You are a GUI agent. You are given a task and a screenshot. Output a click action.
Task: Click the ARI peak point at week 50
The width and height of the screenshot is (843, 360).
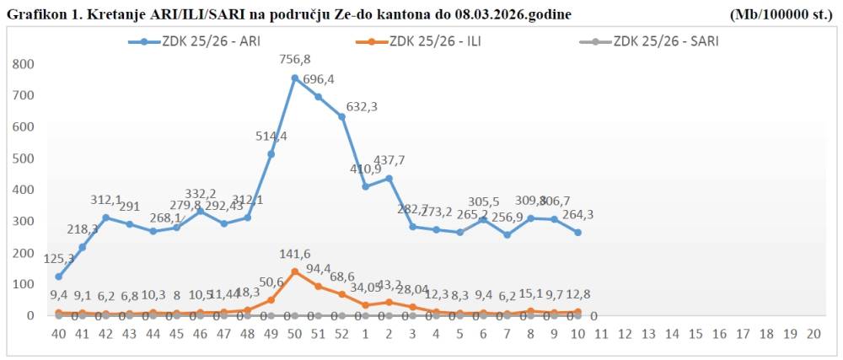295,78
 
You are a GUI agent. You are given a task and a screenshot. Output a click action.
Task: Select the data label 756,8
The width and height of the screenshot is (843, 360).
295,61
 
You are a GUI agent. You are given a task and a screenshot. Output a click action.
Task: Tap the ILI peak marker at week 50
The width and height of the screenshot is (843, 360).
295,271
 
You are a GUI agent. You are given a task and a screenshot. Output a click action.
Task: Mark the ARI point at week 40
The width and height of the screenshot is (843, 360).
58,277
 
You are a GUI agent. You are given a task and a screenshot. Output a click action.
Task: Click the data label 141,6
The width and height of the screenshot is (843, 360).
295,255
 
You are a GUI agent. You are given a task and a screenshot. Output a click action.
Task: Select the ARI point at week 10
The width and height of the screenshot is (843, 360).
577,233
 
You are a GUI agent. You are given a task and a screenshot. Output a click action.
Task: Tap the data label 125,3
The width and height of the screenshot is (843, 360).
59,259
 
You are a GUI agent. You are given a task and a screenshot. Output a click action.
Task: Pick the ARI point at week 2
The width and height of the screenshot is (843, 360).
389,178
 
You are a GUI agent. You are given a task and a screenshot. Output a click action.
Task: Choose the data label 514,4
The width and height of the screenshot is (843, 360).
271,137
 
